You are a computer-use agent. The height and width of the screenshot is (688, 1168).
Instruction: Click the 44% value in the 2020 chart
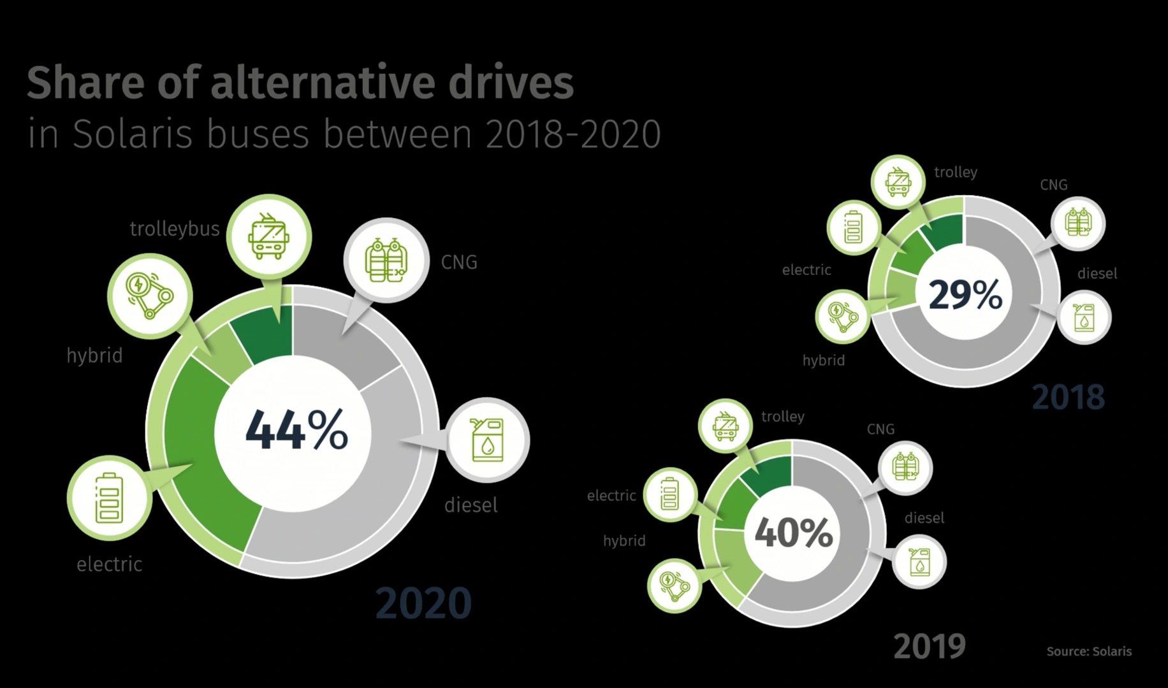296,431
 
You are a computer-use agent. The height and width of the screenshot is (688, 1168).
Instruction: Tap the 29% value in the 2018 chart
965,295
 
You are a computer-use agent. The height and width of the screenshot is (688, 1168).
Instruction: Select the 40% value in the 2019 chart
794,533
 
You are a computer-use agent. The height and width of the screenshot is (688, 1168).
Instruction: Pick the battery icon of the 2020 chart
109,498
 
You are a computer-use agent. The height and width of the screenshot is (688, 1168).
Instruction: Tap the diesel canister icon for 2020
488,440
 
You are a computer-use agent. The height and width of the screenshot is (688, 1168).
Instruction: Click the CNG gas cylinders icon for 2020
386,260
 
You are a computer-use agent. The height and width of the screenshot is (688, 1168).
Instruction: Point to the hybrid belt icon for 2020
150,295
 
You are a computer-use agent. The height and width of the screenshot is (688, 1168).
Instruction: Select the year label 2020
423,603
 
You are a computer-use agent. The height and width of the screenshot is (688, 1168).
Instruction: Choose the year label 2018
1068,398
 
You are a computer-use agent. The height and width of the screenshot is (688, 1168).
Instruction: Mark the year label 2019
930,647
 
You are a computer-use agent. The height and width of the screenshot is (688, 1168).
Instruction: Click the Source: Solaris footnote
1089,652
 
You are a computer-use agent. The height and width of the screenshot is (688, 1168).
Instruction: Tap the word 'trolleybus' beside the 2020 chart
175,229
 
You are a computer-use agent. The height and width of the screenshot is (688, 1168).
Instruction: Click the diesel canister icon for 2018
1084,317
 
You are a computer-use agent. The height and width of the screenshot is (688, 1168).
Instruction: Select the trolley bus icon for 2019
726,426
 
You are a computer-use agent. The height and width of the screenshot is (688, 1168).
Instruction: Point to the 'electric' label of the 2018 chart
807,270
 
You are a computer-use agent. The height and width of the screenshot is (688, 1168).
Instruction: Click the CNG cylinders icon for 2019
906,467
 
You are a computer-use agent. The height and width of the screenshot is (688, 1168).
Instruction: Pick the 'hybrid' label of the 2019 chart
624,541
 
